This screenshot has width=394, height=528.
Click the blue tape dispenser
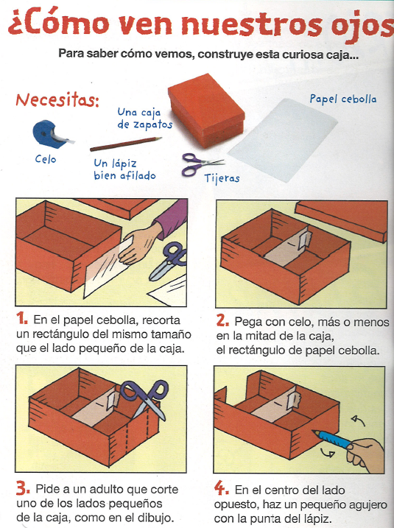[x=51, y=134]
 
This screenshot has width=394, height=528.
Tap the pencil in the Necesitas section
[x=126, y=144]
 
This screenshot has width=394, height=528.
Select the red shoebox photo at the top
[x=206, y=110]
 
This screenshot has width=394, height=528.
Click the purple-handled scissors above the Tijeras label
[x=203, y=164]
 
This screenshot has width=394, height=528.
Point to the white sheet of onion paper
[x=283, y=140]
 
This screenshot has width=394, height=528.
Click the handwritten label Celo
[x=46, y=159]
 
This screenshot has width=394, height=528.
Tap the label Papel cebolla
[x=342, y=99]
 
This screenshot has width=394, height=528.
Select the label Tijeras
[x=222, y=178]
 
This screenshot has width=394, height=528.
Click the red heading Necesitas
[x=57, y=100]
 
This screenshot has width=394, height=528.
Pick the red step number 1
[x=22, y=318]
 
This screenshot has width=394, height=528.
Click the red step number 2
[x=222, y=320]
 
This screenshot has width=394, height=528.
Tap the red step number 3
[x=23, y=488]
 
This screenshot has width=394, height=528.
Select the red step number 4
[x=221, y=488]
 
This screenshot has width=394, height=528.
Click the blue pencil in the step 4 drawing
[x=332, y=438]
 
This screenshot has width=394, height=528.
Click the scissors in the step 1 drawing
[x=167, y=261]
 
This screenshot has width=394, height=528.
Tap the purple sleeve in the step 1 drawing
[x=171, y=218]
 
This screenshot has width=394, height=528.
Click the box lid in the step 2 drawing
[x=342, y=220]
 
